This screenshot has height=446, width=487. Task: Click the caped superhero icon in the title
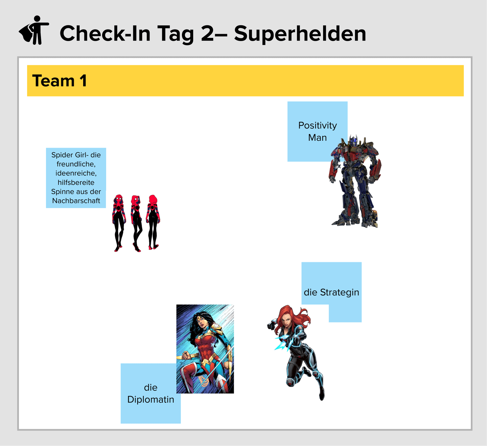34,30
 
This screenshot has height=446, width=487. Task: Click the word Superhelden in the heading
300,34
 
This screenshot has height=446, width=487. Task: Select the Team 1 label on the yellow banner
60,81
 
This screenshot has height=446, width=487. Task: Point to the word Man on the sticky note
317,138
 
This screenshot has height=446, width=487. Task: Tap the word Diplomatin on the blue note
150,400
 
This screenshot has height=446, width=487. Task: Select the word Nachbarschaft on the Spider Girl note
76,201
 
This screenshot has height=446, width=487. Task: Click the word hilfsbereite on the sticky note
76,182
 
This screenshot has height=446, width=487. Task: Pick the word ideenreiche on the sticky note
76,173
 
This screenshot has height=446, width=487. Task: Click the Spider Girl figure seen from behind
153,222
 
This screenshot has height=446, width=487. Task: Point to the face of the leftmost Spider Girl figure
118,200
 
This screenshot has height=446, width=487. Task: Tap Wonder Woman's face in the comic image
201,322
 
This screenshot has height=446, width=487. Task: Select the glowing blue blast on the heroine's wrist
283,343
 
